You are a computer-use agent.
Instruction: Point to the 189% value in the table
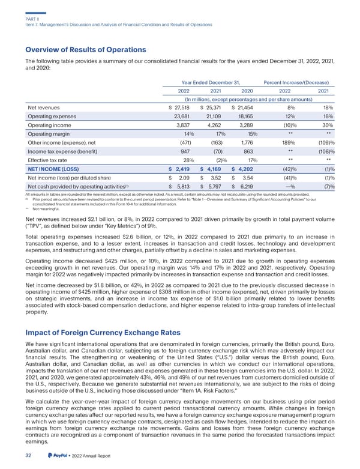pos(289,147)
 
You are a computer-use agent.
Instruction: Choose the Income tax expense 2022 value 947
pos(183,157)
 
